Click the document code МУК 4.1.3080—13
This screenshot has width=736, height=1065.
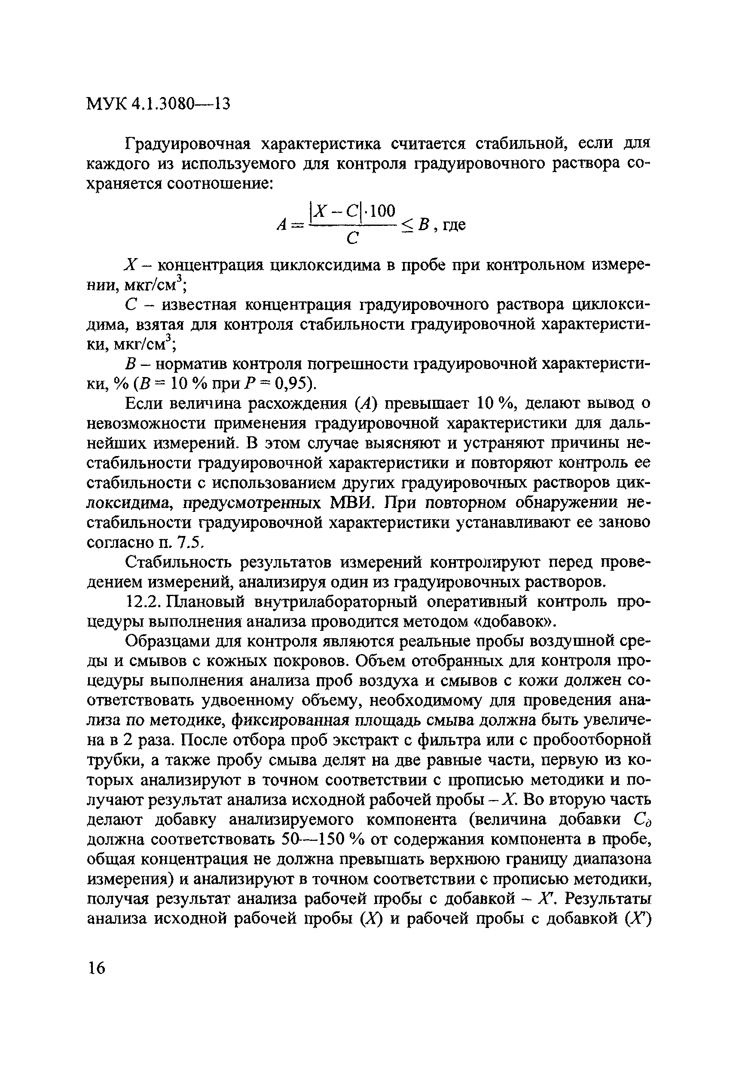[x=158, y=103]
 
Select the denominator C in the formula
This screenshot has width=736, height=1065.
[x=352, y=238]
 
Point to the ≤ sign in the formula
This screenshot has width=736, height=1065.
[x=407, y=225]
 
